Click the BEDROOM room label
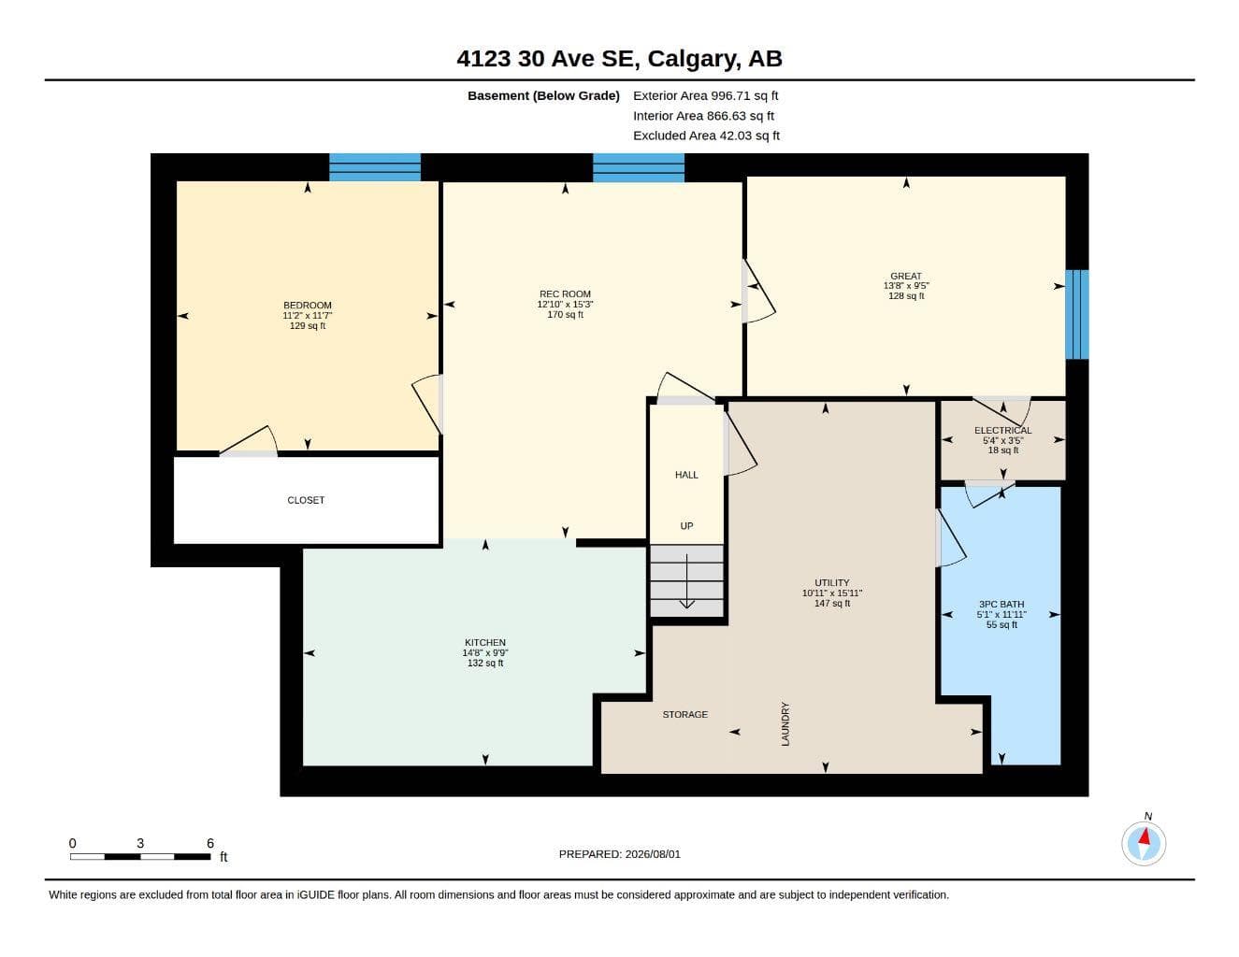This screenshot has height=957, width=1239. (308, 306)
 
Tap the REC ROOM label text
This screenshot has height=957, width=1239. (565, 294)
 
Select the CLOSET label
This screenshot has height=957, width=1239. (306, 500)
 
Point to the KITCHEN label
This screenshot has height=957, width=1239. (485, 643)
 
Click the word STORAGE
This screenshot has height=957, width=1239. (684, 714)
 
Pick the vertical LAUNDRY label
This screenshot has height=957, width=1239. (785, 724)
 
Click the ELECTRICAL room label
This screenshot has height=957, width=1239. (1003, 431)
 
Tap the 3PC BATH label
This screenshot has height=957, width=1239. (1001, 605)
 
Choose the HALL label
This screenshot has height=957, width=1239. (686, 475)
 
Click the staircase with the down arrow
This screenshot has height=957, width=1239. (687, 581)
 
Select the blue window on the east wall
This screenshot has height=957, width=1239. (1077, 314)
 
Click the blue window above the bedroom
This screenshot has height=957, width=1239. (375, 167)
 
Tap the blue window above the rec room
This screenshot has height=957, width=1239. (639, 167)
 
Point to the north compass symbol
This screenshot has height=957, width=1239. (1144, 843)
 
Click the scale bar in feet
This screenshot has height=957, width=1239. (140, 857)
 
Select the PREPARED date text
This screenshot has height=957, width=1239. (620, 854)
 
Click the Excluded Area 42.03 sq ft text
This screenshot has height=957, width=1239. (706, 136)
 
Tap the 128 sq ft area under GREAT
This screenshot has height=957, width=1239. (906, 295)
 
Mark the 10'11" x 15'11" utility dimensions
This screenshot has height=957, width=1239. (832, 593)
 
